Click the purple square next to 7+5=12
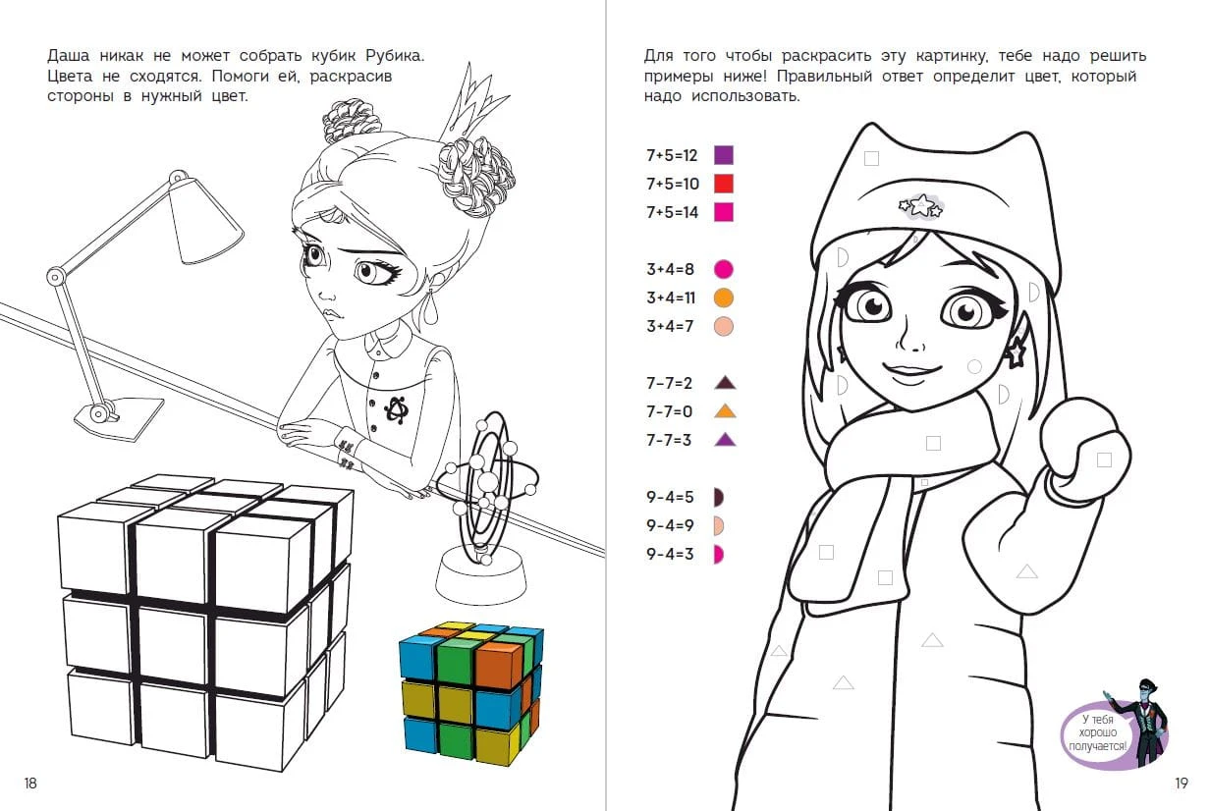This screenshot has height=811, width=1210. (724, 155)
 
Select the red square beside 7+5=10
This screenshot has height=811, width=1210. (724, 184)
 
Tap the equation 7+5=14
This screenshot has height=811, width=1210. (673, 212)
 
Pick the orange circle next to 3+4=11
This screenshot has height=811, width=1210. (724, 297)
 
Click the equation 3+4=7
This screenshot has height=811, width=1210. (670, 326)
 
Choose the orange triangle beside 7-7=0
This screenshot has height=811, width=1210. (725, 411)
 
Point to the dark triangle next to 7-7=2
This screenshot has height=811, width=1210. (725, 383)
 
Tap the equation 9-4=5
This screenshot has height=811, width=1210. (670, 497)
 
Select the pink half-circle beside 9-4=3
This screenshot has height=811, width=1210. (719, 555)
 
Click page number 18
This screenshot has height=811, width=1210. (30, 783)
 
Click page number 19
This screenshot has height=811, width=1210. (1182, 783)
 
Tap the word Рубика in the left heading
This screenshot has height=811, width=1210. (395, 56)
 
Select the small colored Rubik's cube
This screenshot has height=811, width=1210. (471, 693)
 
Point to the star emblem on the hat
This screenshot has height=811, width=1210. (921, 206)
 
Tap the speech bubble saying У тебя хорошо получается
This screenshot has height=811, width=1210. (1098, 733)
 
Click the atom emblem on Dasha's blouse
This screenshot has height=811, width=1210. (396, 408)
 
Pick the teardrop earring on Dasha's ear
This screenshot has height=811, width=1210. (430, 310)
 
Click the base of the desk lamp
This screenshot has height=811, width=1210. (119, 417)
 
